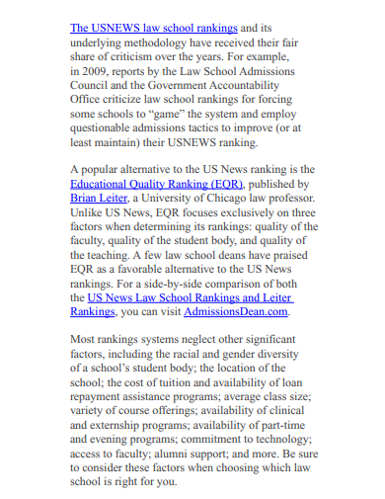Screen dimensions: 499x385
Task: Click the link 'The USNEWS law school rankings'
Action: tap(154, 28)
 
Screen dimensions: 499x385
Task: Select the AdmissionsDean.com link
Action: tap(236, 310)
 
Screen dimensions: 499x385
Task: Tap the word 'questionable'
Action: tap(112, 127)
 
